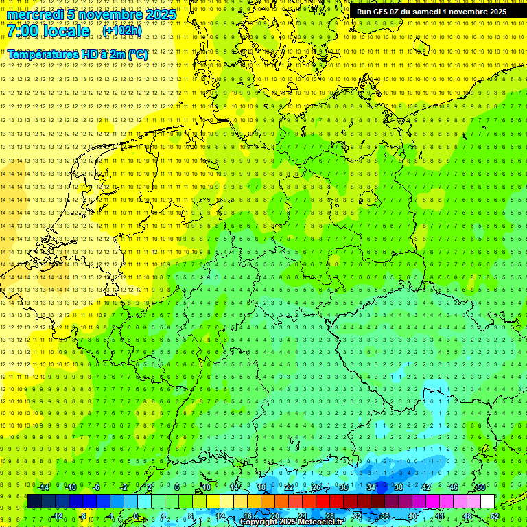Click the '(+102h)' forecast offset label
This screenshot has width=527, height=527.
[122, 31]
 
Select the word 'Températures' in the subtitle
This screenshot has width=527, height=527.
[42, 54]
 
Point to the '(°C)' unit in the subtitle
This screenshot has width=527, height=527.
[137, 54]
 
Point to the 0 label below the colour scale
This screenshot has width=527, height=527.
[136, 516]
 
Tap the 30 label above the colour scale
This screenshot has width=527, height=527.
[343, 487]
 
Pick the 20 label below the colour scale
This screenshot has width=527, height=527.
[274, 516]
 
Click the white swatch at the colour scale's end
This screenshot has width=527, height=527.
[487, 502]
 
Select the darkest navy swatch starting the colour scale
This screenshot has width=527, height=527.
[34, 502]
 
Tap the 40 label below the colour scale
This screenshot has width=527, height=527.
[412, 516]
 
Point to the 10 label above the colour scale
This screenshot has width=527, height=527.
[206, 487]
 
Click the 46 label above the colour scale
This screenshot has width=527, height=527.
[454, 487]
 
